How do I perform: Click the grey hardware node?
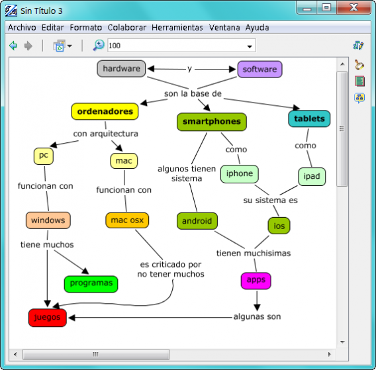[121, 69]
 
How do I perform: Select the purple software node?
[259, 69]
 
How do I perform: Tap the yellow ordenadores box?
[105, 112]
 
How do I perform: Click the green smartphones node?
[212, 122]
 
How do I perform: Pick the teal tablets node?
[309, 119]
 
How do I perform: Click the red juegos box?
[48, 318]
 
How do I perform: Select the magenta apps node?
[256, 280]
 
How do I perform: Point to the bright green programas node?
[91, 284]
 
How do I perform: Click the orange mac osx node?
[127, 220]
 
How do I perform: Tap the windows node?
[48, 220]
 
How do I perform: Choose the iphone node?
[239, 174]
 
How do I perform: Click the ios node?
[279, 226]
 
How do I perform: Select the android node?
[197, 221]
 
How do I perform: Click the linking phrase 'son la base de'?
[193, 94]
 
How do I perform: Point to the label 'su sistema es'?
[270, 200]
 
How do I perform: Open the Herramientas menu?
[177, 28]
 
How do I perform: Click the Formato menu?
[86, 28]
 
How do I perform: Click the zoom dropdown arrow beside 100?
[250, 46]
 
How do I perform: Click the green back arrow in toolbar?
[13, 46]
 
